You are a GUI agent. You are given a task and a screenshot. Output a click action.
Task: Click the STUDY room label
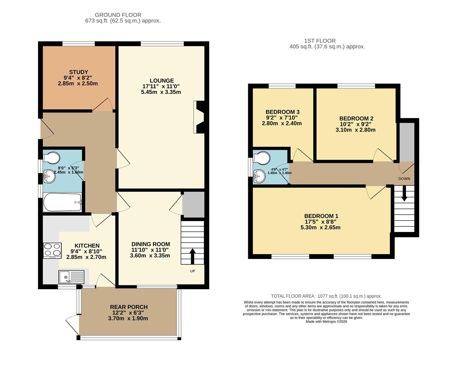pyautogui.click(x=78, y=72)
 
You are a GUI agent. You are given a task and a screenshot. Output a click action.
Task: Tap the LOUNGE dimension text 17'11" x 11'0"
pyautogui.click(x=161, y=86)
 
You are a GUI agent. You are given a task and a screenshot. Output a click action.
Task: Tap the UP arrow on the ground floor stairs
pyautogui.click(x=192, y=256)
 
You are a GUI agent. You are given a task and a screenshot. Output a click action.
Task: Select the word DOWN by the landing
pyautogui.click(x=404, y=179)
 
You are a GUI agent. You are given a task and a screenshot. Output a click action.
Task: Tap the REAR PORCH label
pyautogui.click(x=129, y=307)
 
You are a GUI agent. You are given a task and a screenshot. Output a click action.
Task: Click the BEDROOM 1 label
pyautogui.click(x=321, y=216)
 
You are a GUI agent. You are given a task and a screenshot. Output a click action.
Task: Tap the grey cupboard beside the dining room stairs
pyautogui.click(x=193, y=205)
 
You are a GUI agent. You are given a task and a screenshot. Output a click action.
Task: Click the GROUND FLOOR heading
pyautogui.click(x=118, y=15)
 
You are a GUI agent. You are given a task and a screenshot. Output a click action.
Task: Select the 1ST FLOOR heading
pyautogui.click(x=320, y=41)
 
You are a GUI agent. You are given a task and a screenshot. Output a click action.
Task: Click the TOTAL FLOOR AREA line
pyautogui.click(x=326, y=296)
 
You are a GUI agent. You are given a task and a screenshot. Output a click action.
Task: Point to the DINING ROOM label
pyautogui.click(x=151, y=244)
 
